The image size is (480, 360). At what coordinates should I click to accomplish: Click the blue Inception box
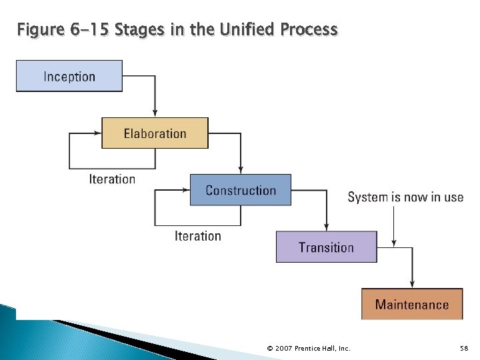point(69,76)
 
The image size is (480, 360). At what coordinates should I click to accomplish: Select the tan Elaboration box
point(155,133)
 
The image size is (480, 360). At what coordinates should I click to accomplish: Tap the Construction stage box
point(241,190)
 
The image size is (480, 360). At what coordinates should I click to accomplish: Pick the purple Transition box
point(326,247)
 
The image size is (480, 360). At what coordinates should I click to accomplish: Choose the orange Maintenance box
point(412,304)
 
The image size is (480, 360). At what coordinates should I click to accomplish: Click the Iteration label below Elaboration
point(112,179)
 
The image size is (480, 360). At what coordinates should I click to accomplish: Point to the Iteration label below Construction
point(198,236)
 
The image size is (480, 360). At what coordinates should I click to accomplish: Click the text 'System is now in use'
point(405,197)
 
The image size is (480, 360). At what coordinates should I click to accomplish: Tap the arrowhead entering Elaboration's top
point(155,113)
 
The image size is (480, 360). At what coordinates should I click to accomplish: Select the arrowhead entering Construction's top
point(241,170)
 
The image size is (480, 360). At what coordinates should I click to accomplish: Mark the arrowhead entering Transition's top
point(327,227)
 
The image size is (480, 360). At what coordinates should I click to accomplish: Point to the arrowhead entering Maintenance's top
point(412,284)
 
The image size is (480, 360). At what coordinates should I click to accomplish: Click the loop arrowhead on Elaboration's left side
point(97,133)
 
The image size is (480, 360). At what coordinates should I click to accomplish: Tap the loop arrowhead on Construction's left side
point(186,191)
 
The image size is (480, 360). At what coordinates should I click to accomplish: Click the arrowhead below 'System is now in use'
point(394,243)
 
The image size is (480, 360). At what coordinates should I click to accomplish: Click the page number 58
point(465,349)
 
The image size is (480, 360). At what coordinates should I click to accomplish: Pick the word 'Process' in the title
point(309,30)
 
